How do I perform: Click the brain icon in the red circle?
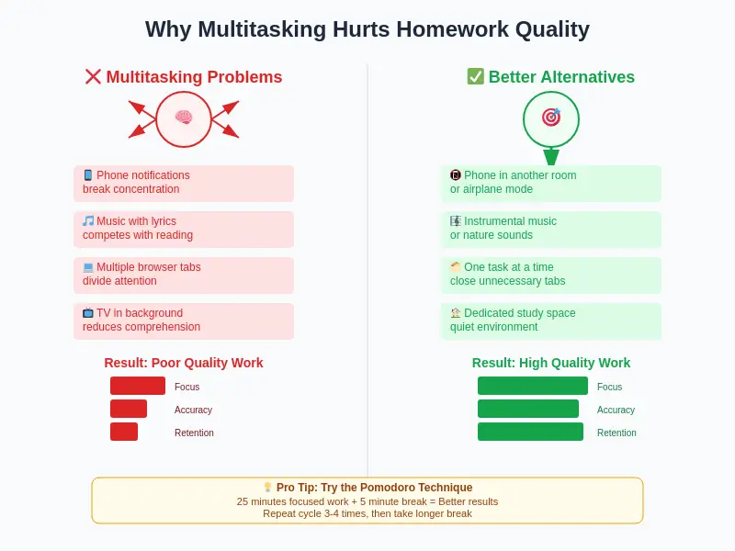coord(184,118)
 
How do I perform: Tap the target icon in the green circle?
coord(551,118)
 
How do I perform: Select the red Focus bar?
coord(138,386)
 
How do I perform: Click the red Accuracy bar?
coord(129,409)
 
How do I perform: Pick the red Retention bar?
coord(124,432)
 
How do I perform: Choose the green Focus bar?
coord(533,386)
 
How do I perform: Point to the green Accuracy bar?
coord(528,409)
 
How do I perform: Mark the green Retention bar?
coord(530,432)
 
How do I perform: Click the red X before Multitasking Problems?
coord(93,77)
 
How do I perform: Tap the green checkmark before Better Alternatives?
coord(475,77)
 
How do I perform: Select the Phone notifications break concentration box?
coord(184,183)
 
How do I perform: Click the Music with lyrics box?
coord(184,229)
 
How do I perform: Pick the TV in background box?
coord(184,320)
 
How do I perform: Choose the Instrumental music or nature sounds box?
coord(551,229)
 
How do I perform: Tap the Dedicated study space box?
coord(551,320)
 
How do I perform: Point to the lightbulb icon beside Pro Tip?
coord(267,488)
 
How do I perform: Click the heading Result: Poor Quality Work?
coord(184,363)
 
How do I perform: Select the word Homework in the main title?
coord(444,29)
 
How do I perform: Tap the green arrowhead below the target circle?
coord(551,156)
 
